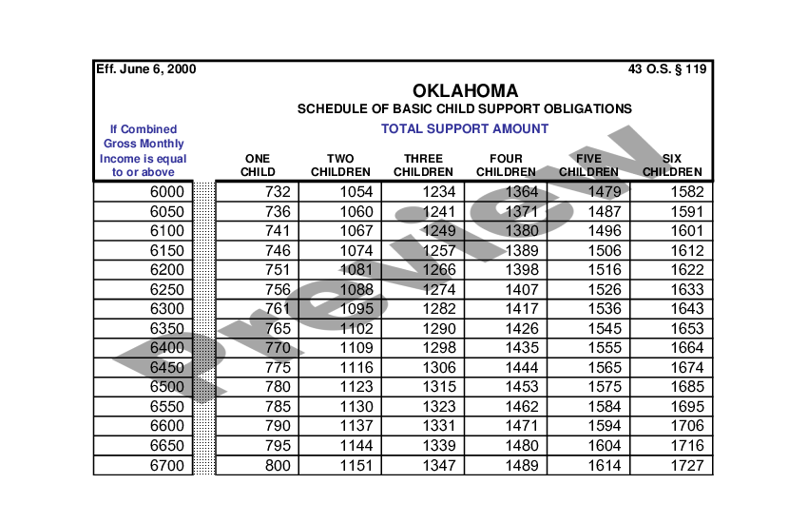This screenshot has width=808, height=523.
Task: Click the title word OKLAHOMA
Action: (x=466, y=91)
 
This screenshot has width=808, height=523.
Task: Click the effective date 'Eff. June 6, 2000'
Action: (x=146, y=69)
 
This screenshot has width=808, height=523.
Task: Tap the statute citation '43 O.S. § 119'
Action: (x=667, y=69)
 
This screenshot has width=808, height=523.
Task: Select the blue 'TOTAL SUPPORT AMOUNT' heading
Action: (x=465, y=128)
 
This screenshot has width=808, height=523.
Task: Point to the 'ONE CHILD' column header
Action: (x=258, y=165)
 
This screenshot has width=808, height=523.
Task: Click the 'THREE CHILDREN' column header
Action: (x=424, y=165)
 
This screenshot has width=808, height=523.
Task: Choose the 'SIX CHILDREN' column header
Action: (x=672, y=165)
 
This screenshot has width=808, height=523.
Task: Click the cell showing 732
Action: (x=278, y=192)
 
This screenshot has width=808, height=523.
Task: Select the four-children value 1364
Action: (x=522, y=192)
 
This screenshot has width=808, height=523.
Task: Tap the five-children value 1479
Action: (x=605, y=192)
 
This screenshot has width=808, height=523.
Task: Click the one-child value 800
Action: (x=278, y=465)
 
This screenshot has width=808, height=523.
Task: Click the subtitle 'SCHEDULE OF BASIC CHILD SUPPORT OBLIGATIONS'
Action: (x=465, y=109)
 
